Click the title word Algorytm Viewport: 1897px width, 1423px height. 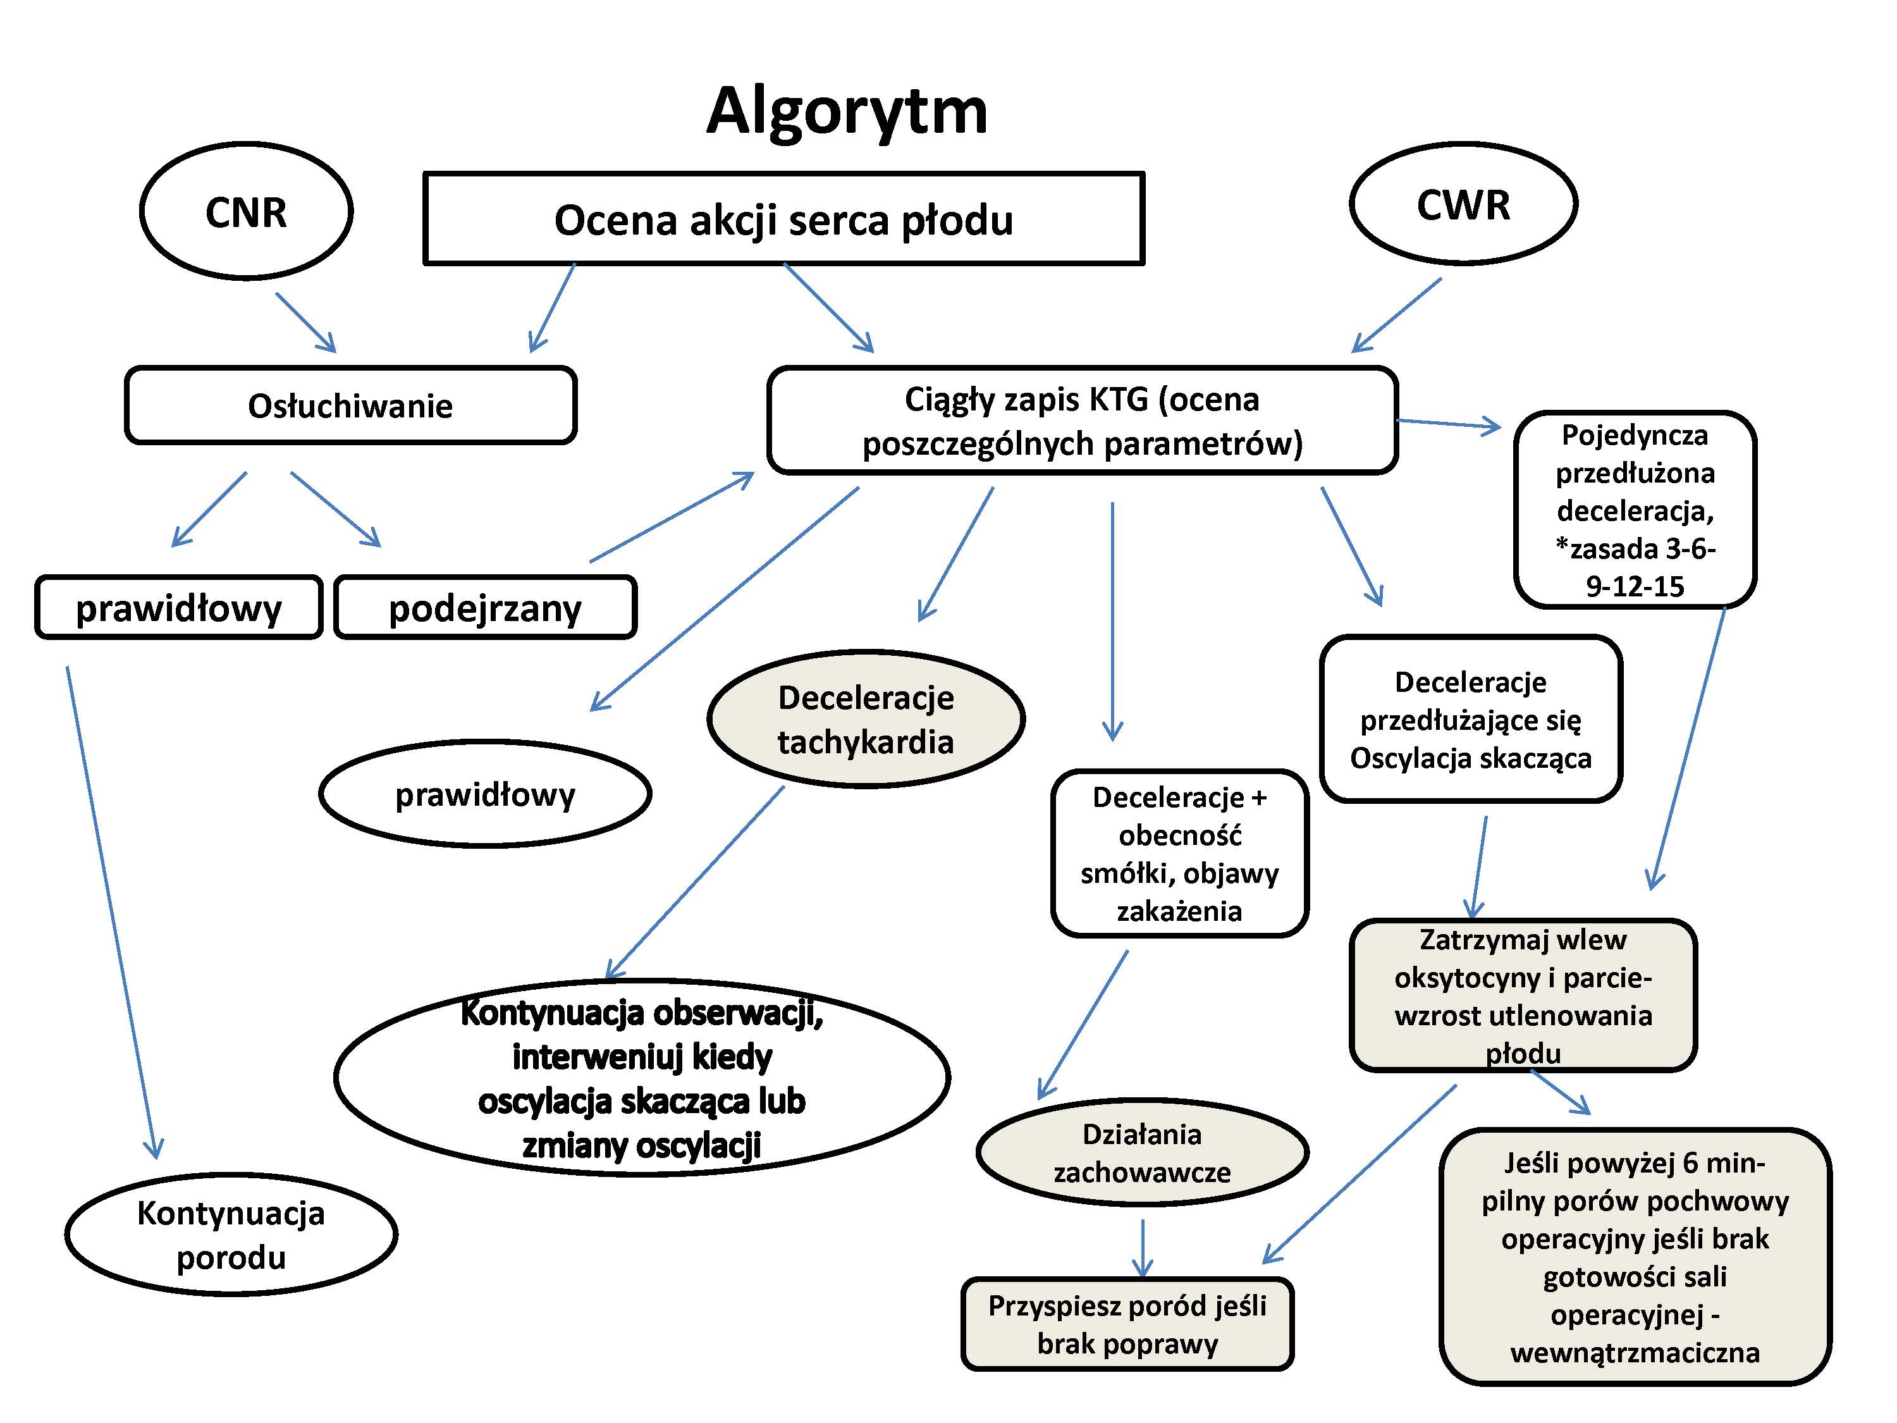click(847, 111)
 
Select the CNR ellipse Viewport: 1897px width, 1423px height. click(246, 211)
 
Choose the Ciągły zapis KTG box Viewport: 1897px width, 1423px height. click(1083, 421)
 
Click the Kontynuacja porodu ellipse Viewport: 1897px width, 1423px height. click(231, 1235)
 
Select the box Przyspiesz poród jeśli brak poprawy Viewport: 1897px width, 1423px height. click(1127, 1324)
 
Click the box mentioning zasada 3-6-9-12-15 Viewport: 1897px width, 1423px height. click(1635, 510)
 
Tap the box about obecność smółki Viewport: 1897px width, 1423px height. click(1179, 853)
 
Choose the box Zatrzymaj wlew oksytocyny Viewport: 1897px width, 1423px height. click(1523, 995)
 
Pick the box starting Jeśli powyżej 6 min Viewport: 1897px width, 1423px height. click(1635, 1257)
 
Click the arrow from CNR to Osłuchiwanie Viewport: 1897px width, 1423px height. click(305, 323)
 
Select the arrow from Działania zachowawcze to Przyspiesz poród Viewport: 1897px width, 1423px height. click(1143, 1248)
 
